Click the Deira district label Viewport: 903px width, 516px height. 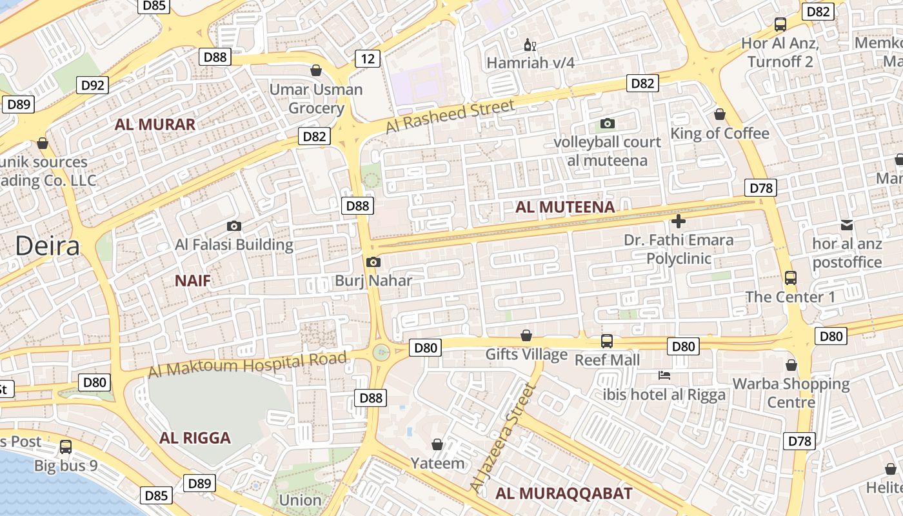(x=48, y=246)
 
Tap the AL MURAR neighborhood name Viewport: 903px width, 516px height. (x=155, y=124)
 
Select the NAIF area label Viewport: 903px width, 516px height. (x=193, y=280)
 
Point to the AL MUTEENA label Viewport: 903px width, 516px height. (x=565, y=207)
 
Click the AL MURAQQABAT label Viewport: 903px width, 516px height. (x=564, y=493)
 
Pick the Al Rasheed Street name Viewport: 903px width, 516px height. (x=450, y=116)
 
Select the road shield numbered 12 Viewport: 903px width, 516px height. (x=367, y=59)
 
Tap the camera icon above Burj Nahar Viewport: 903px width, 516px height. (x=373, y=262)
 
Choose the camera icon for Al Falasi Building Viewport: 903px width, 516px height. (x=234, y=226)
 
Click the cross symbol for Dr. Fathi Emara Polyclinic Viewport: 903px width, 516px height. (x=678, y=222)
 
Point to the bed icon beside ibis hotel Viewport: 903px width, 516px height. (x=664, y=375)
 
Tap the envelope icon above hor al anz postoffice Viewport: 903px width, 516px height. (x=847, y=225)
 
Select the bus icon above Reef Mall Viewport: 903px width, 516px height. (x=606, y=341)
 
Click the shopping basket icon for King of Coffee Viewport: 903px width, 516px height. (x=720, y=114)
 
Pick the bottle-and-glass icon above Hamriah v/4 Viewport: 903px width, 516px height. (x=530, y=45)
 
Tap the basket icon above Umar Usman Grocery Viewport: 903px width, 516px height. (x=316, y=70)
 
